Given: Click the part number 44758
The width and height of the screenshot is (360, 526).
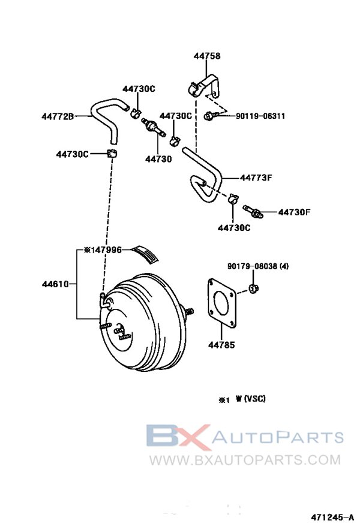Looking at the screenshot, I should click(x=207, y=56).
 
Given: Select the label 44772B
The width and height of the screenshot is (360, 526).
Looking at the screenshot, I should click(x=58, y=116).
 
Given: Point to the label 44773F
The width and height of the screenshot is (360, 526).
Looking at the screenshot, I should click(x=256, y=178).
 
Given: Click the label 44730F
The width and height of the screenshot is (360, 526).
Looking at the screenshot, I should click(x=294, y=212).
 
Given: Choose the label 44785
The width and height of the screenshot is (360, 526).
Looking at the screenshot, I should click(x=221, y=345).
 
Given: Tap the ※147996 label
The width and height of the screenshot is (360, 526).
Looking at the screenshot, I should click(x=103, y=250).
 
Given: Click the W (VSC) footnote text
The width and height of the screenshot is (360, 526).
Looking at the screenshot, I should click(x=250, y=398).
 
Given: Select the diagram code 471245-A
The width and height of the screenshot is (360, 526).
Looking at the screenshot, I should click(x=331, y=516).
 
